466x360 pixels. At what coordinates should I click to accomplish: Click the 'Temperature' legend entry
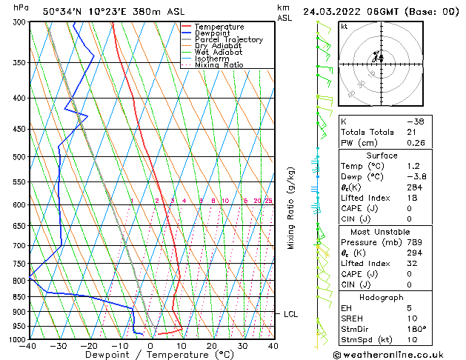point(219,27)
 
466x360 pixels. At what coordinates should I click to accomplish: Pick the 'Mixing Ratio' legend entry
point(219,65)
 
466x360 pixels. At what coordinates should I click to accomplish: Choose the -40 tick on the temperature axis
point(29,346)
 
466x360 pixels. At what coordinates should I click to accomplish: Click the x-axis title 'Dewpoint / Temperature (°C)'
point(151,355)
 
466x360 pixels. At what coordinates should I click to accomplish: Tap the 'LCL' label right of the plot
point(291,314)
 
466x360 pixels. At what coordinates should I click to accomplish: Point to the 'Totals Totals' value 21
point(411,132)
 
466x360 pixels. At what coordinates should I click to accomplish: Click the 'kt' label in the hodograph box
point(344,27)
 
